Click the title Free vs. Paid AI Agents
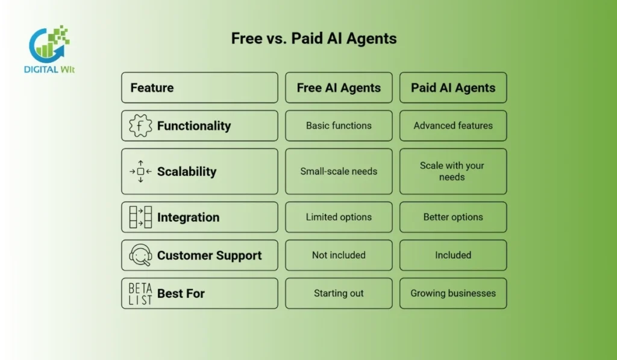[314, 39]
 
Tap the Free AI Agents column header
[339, 88]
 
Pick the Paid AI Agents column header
[453, 88]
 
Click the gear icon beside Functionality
[140, 125]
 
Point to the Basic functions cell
[339, 125]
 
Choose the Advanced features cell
[453, 125]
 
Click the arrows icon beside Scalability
[140, 171]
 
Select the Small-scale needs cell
[339, 171]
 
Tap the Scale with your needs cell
[453, 171]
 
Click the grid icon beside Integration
[140, 217]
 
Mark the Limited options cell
[339, 217]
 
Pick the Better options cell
[453, 217]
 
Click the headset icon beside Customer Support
[140, 255]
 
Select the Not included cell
[339, 255]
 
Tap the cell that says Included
[453, 255]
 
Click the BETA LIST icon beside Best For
[140, 294]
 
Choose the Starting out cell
[339, 294]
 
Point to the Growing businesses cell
[453, 294]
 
